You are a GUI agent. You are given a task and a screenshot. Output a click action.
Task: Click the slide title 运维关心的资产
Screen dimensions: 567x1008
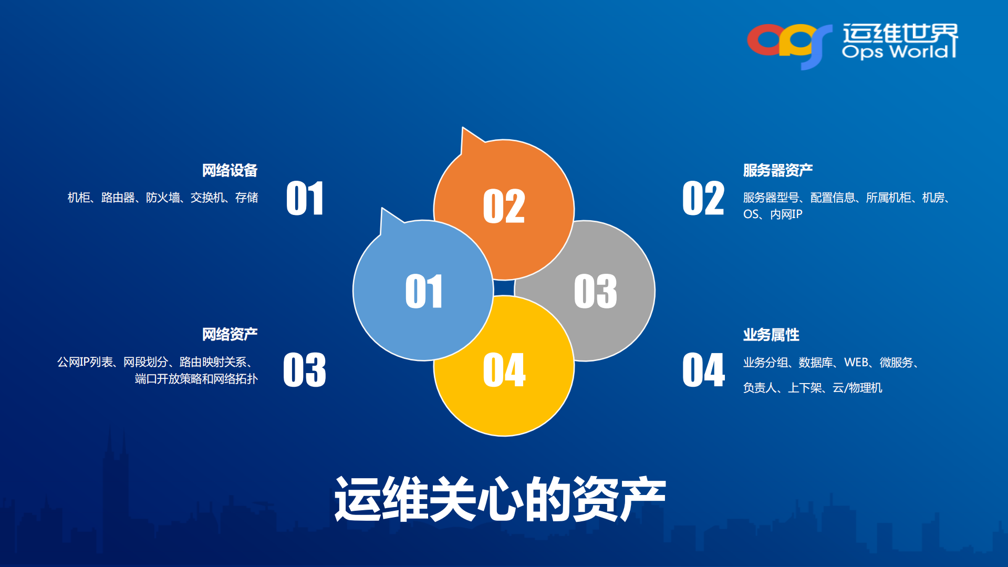500,499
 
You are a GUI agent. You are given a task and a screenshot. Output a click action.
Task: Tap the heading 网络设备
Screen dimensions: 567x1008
230,170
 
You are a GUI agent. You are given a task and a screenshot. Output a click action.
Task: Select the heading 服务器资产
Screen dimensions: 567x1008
777,170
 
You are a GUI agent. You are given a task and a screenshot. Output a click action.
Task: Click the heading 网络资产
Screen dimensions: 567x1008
230,334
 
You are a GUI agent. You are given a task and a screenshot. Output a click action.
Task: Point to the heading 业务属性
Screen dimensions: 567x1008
771,335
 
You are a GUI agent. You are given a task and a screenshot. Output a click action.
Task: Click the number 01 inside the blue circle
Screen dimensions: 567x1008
423,291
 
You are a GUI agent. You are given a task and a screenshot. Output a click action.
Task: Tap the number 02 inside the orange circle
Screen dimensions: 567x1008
504,207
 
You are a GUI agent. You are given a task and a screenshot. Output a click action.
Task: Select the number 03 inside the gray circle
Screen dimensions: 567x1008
595,291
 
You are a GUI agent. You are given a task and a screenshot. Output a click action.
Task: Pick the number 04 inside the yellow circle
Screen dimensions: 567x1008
504,370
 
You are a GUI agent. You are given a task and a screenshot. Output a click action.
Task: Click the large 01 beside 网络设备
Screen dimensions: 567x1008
305,199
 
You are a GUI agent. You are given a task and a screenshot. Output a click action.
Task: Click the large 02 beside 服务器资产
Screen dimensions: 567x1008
703,199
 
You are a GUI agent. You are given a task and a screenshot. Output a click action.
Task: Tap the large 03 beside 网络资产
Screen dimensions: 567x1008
305,370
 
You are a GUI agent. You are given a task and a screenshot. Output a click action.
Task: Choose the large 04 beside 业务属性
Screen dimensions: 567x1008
703,370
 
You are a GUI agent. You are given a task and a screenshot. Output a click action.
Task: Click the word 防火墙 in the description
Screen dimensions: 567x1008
162,198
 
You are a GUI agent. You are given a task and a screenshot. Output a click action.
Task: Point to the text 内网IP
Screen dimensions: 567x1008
786,214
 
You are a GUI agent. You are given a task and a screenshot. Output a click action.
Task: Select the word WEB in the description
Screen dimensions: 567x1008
856,363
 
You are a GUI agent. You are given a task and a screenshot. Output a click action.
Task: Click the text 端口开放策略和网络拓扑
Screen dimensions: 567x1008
196,379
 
